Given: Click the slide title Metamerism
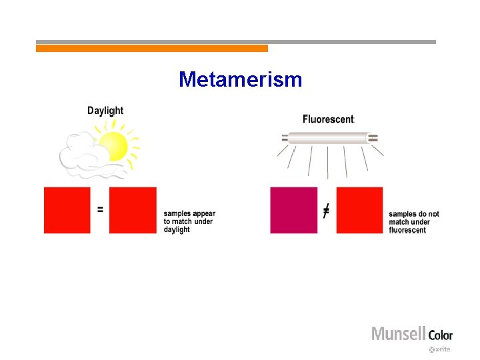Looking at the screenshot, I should pyautogui.click(x=240, y=80).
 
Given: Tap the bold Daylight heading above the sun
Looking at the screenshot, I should pyautogui.click(x=105, y=111).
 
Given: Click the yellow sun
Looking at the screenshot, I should pyautogui.click(x=113, y=146).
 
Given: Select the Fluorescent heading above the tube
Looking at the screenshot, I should pyautogui.click(x=328, y=119).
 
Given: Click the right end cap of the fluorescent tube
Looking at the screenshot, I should pyautogui.click(x=373, y=138).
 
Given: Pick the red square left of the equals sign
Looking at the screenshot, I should pyautogui.click(x=67, y=210).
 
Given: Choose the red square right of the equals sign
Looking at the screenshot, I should pyautogui.click(x=133, y=210).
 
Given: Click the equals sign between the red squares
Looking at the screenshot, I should pyautogui.click(x=100, y=209).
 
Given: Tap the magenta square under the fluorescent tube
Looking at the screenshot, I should pyautogui.click(x=293, y=210).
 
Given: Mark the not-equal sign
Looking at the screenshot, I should pyautogui.click(x=326, y=211).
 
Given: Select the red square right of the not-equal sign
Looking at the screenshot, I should pyautogui.click(x=359, y=210).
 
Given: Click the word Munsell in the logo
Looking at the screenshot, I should pyautogui.click(x=398, y=333).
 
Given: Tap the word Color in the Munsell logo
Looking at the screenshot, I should pyautogui.click(x=440, y=335).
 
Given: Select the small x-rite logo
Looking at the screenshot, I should pyautogui.click(x=440, y=349).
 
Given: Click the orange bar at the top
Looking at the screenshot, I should pyautogui.click(x=152, y=49).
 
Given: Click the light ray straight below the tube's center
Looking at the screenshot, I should pyautogui.click(x=328, y=162).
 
